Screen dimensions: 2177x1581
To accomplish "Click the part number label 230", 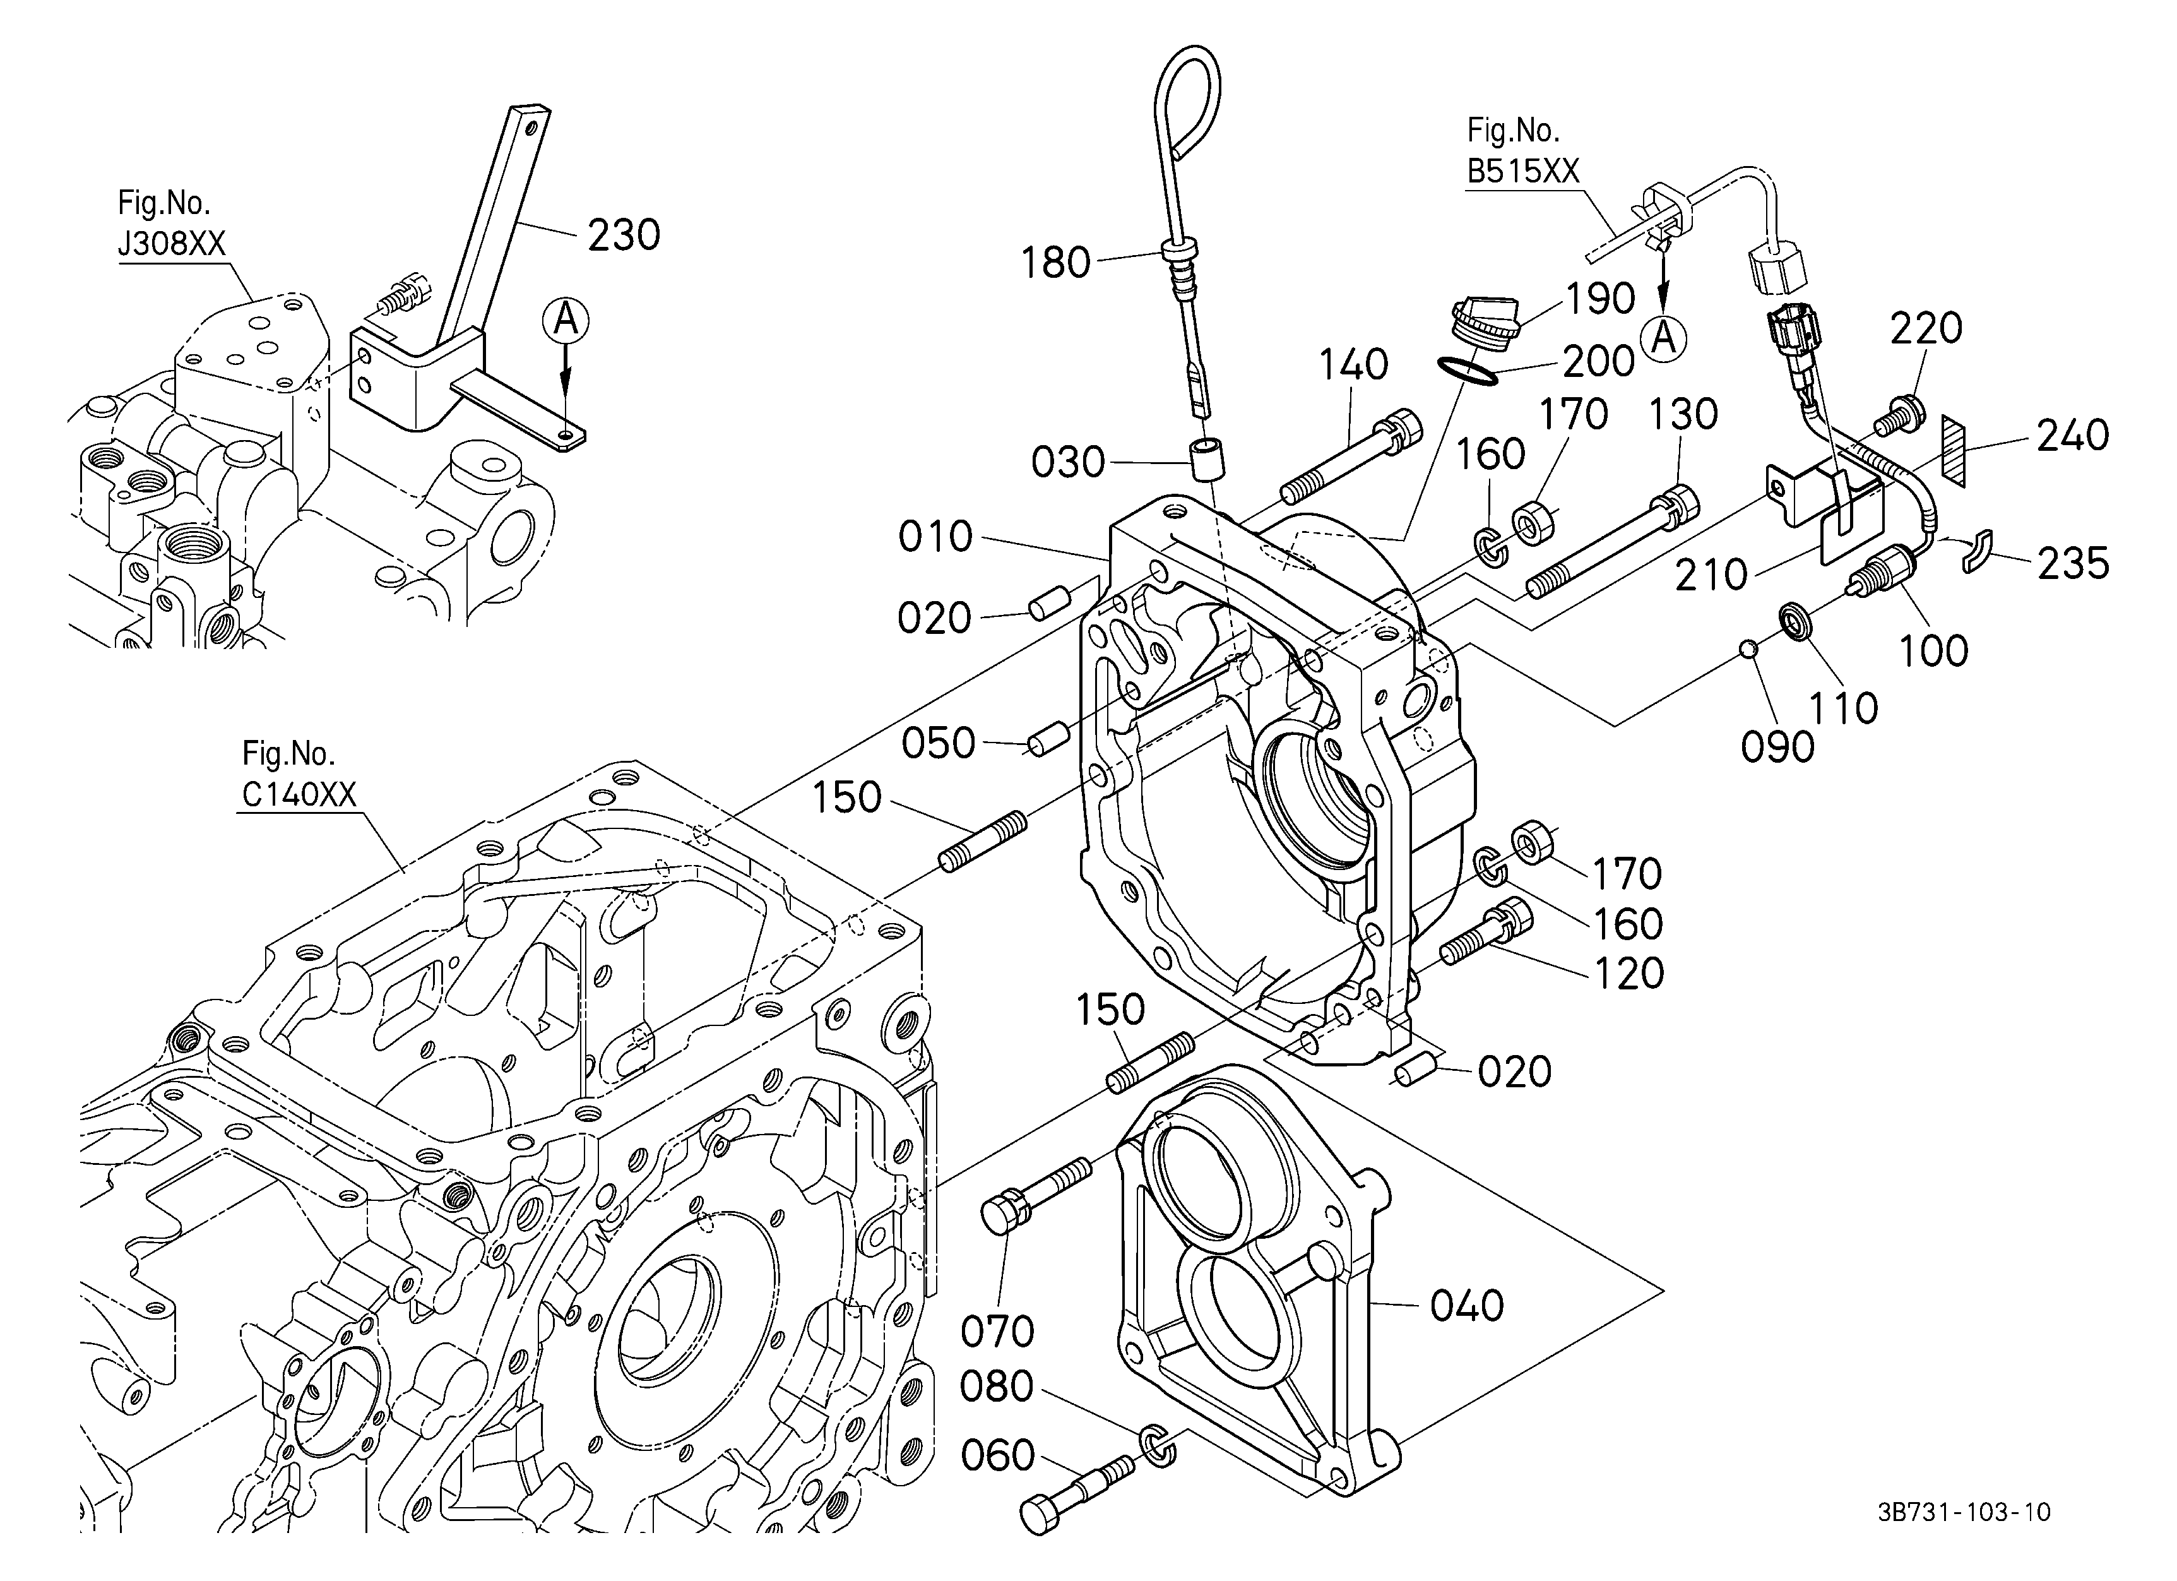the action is point(624,235).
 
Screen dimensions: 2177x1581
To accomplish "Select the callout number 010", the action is point(936,537).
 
